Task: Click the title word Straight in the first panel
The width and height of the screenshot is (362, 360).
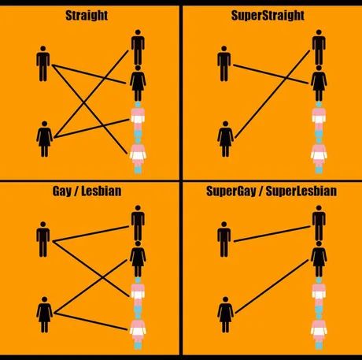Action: (x=87, y=16)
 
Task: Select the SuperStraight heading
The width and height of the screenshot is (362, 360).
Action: (x=268, y=16)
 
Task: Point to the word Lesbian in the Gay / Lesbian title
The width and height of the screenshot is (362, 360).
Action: (x=102, y=191)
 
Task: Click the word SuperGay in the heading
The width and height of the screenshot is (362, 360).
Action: (x=231, y=191)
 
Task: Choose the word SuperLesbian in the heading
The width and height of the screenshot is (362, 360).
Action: (x=301, y=191)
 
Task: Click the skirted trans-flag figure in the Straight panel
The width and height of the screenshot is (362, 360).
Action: (x=138, y=155)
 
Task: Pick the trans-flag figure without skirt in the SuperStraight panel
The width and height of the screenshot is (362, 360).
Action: (x=319, y=120)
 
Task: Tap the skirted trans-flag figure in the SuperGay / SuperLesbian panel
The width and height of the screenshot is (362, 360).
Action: (x=319, y=332)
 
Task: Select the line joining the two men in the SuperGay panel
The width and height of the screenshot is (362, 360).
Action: (x=272, y=234)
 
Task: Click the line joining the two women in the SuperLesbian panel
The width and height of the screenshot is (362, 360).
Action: (x=271, y=287)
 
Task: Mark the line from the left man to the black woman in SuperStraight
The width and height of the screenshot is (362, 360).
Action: (x=271, y=74)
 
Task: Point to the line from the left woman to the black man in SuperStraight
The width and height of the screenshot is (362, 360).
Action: (x=272, y=95)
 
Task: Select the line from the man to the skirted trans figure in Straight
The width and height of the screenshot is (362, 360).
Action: (x=90, y=109)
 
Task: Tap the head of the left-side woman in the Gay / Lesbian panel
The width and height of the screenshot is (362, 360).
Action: (x=44, y=299)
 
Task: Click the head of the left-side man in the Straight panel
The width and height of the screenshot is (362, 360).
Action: (x=43, y=49)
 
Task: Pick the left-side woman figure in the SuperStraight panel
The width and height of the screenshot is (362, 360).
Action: (x=225, y=139)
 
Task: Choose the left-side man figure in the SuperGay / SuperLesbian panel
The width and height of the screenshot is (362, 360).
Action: (x=224, y=239)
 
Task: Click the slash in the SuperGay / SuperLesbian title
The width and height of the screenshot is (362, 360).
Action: (x=260, y=191)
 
